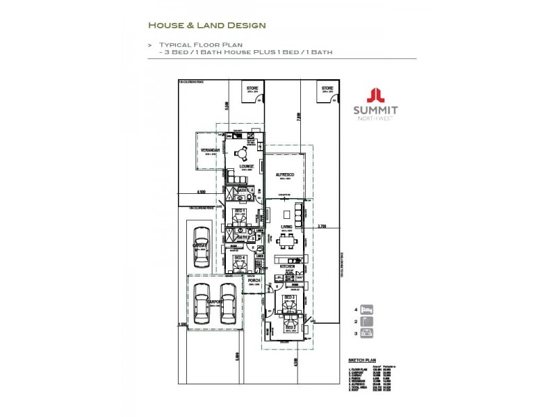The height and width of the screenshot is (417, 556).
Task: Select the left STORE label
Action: [x=252, y=88]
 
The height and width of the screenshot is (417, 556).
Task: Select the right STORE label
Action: [x=327, y=88]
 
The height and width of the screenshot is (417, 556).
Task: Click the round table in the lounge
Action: [x=240, y=154]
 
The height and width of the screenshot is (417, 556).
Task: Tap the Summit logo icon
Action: [x=375, y=96]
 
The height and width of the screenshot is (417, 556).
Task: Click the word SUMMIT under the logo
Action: [x=375, y=111]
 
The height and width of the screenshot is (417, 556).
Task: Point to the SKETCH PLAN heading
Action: [x=361, y=361]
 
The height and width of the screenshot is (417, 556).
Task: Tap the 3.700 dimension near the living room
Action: [x=322, y=226]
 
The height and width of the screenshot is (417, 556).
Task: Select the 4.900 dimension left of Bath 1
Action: [x=201, y=192]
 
